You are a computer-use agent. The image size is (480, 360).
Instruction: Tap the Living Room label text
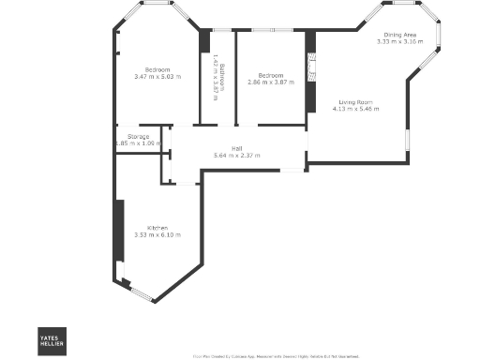356,101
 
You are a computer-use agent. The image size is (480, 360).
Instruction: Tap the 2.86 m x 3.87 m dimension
272,82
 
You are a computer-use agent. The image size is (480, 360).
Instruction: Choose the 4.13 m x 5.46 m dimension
356,109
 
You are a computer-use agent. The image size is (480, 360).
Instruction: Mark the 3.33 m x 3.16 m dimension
397,42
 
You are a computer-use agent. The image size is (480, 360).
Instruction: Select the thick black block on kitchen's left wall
118,232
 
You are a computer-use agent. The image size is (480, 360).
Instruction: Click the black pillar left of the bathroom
204,41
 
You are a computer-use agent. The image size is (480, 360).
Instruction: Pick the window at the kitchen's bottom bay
141,294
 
